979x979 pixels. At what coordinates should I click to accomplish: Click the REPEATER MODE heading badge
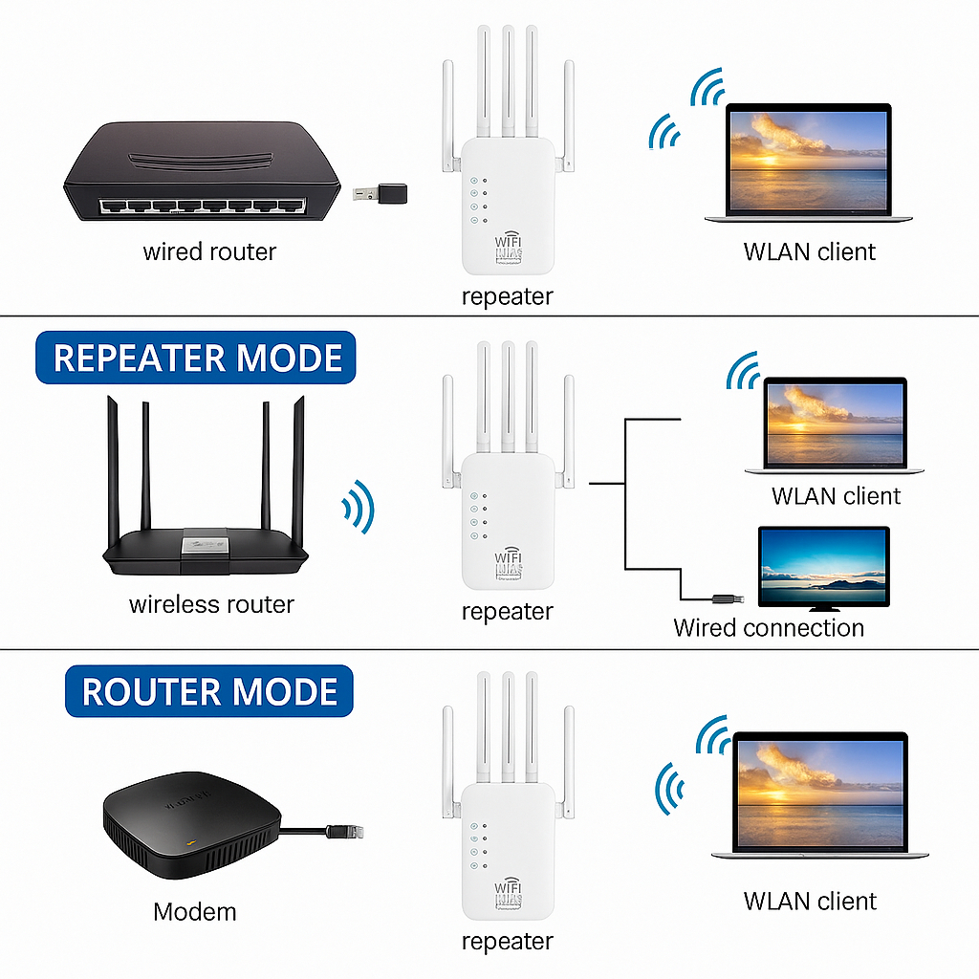pos(197,358)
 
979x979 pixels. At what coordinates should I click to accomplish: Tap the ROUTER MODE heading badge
pos(209,692)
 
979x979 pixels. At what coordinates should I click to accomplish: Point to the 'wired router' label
pos(209,252)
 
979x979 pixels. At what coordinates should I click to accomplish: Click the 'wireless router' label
pos(211,604)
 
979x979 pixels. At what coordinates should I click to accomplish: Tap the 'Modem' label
pos(194,911)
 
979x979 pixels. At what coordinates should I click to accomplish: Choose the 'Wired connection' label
pos(769,628)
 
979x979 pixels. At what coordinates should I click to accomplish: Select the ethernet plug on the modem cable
pos(340,831)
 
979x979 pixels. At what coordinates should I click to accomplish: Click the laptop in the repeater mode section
pos(835,424)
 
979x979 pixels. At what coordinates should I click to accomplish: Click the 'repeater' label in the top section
pos(507,296)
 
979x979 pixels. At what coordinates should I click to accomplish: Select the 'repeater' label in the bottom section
pos(507,942)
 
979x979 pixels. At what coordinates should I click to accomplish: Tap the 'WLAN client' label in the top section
pos(809,252)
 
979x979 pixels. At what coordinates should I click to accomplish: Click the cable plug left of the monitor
pos(725,598)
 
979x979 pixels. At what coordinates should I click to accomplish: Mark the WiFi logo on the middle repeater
pos(509,563)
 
